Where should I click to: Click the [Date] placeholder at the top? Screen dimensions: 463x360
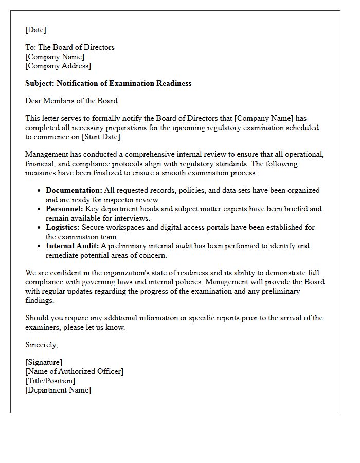pyautogui.click(x=35, y=30)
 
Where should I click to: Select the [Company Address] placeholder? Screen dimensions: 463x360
pyautogui.click(x=58, y=66)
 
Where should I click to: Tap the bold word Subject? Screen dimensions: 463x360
pyautogui.click(x=40, y=83)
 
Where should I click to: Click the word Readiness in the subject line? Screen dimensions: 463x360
pyautogui.click(x=173, y=83)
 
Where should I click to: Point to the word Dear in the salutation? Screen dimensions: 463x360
pyautogui.click(x=34, y=101)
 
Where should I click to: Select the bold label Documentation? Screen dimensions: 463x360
pyautogui.click(x=74, y=190)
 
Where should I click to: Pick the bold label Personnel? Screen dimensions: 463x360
pyautogui.click(x=64, y=209)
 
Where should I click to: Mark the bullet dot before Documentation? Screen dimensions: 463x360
pyautogui.click(x=40, y=191)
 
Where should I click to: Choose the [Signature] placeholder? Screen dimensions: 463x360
pyautogui.click(x=44, y=362)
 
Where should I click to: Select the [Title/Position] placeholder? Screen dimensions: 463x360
pyautogui.click(x=50, y=381)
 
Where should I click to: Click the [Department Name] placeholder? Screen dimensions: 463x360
pyautogui.click(x=58, y=390)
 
